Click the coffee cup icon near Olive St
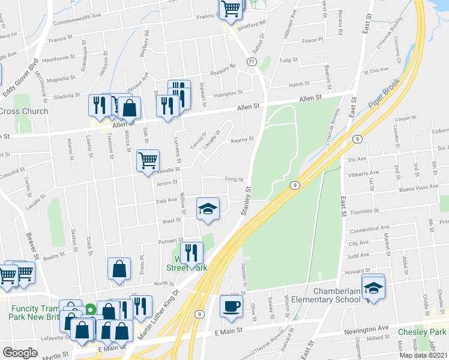pos(231,306)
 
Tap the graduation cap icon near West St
pos(208,208)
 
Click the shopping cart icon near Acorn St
pos(148,160)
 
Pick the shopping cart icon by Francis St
pos(231,9)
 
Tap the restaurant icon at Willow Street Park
pos(191,252)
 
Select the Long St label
pos(234,179)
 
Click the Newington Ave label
pos(366,330)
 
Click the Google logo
pos(20,353)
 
